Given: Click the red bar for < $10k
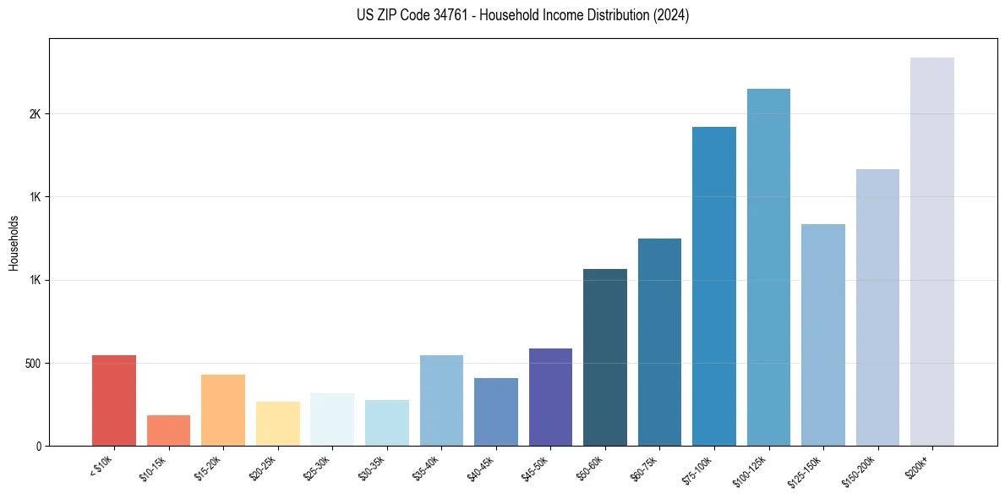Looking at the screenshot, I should (x=114, y=400).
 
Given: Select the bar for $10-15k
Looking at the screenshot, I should (x=168, y=430).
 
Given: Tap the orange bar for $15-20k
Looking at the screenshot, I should (x=223, y=410).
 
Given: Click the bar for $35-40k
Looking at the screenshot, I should (x=441, y=400).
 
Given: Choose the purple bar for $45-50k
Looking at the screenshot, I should (x=550, y=397).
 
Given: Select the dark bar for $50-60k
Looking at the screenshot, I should (x=605, y=357).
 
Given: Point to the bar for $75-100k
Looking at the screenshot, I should (x=714, y=286).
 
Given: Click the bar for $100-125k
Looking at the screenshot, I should (x=768, y=267).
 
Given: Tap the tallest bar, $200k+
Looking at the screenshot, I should (x=932, y=251).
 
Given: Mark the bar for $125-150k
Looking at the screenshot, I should (x=823, y=335).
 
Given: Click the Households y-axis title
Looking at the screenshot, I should (x=14, y=243).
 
